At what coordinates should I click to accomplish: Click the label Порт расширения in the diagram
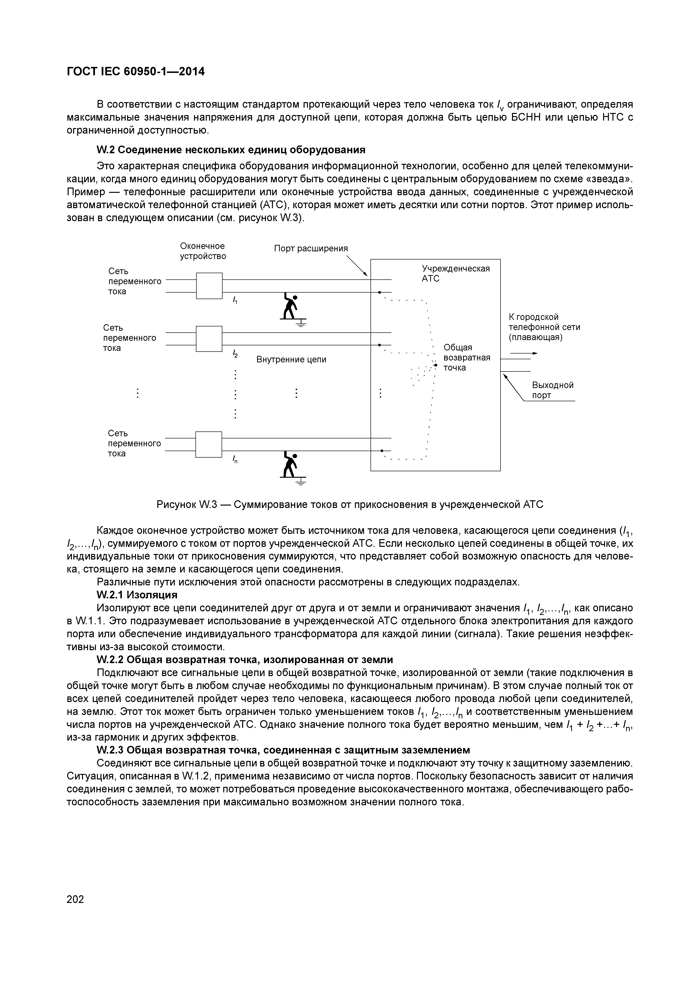[311, 248]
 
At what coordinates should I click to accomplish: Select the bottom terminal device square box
[209, 444]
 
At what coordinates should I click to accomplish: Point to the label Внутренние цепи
[291, 359]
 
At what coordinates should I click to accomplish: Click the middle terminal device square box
[209, 338]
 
